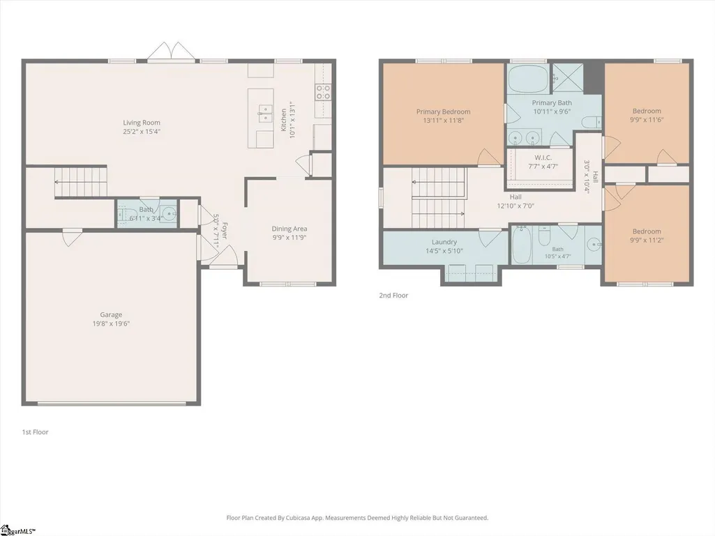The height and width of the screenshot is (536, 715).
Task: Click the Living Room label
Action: pos(142,122)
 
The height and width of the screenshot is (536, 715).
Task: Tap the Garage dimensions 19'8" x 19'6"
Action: pos(112,323)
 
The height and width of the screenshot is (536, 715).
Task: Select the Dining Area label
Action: pos(289,229)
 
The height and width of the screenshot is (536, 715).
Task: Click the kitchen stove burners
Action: pos(323,92)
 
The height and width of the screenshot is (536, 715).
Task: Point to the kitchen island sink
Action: pos(264,113)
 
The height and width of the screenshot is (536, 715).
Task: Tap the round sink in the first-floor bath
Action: pos(170,213)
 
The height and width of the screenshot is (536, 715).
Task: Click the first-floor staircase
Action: pos(81,181)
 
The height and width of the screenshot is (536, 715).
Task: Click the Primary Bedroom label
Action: pos(443,112)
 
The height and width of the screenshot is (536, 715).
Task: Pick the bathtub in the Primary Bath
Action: pos(529,79)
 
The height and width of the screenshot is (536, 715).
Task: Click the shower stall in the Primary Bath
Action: pos(569,78)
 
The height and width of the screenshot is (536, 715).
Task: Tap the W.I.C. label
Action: pos(543,158)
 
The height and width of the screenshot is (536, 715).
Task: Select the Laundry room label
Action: pos(444,242)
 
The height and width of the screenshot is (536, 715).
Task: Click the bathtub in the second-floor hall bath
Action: pos(521,245)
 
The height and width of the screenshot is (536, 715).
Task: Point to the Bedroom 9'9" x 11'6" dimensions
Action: pos(647,120)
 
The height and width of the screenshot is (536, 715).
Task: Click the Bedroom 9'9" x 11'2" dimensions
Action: pos(647,240)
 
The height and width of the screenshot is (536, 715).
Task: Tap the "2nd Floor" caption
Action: pos(393,296)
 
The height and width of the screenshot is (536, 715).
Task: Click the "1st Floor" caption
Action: pos(35,432)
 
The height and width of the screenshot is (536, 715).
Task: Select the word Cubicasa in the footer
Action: pos(299,518)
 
